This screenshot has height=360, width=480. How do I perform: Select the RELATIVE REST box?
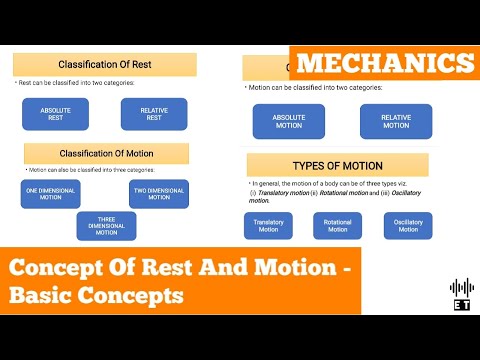153,113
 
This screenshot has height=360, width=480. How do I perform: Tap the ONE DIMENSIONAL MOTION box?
50,194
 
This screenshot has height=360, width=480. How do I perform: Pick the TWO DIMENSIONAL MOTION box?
158,194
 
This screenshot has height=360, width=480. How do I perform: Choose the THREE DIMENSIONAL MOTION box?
106,226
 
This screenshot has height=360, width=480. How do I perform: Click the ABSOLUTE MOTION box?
289,121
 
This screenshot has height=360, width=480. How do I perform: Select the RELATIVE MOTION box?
396,121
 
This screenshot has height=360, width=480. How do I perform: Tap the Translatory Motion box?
268,226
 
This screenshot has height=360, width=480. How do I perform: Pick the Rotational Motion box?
337,226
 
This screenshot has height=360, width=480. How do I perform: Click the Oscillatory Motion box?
407,226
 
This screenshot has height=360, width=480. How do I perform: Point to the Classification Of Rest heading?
104,65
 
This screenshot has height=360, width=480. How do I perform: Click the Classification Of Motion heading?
106,154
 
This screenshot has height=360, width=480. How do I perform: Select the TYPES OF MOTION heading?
337,165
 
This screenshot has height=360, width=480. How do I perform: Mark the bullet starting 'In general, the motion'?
335,189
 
